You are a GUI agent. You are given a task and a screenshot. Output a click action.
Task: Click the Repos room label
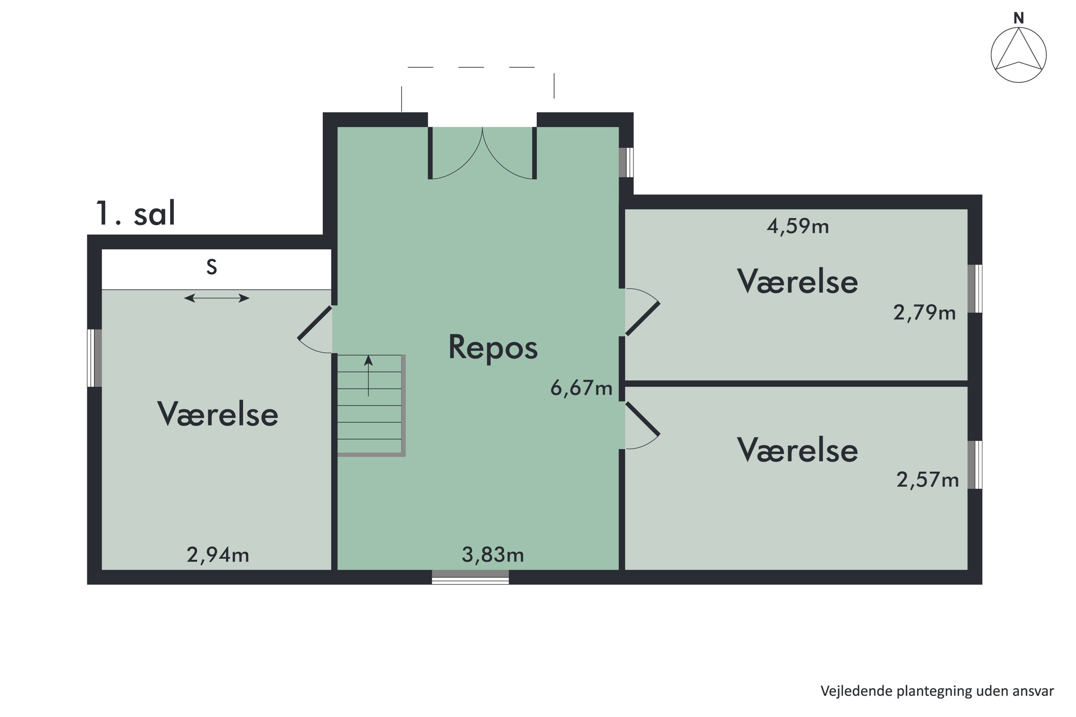493,348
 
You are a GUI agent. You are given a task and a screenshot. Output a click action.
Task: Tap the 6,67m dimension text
581,388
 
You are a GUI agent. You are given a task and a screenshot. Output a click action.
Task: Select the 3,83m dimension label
493,555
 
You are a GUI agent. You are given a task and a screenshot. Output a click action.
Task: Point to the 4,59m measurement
797,226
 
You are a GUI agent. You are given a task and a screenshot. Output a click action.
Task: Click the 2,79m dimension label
924,313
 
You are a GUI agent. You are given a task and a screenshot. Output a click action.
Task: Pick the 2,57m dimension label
927,480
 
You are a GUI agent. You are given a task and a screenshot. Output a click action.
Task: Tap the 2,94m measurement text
218,555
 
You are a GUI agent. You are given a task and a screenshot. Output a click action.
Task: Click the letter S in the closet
211,267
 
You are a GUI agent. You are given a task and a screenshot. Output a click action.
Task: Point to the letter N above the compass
1018,18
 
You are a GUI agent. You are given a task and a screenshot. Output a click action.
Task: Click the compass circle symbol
1018,55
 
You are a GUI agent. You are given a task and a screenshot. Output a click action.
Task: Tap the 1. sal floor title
136,214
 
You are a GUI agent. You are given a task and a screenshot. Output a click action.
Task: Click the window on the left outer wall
94,358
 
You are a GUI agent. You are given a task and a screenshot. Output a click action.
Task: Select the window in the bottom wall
470,577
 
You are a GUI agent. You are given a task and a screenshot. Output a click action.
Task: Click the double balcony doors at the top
482,153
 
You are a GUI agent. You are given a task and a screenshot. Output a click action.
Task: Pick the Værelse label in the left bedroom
218,414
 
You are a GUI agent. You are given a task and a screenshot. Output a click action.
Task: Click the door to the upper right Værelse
642,312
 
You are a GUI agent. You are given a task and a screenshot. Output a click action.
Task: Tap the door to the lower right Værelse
642,426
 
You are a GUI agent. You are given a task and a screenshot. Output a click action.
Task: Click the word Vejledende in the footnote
856,691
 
